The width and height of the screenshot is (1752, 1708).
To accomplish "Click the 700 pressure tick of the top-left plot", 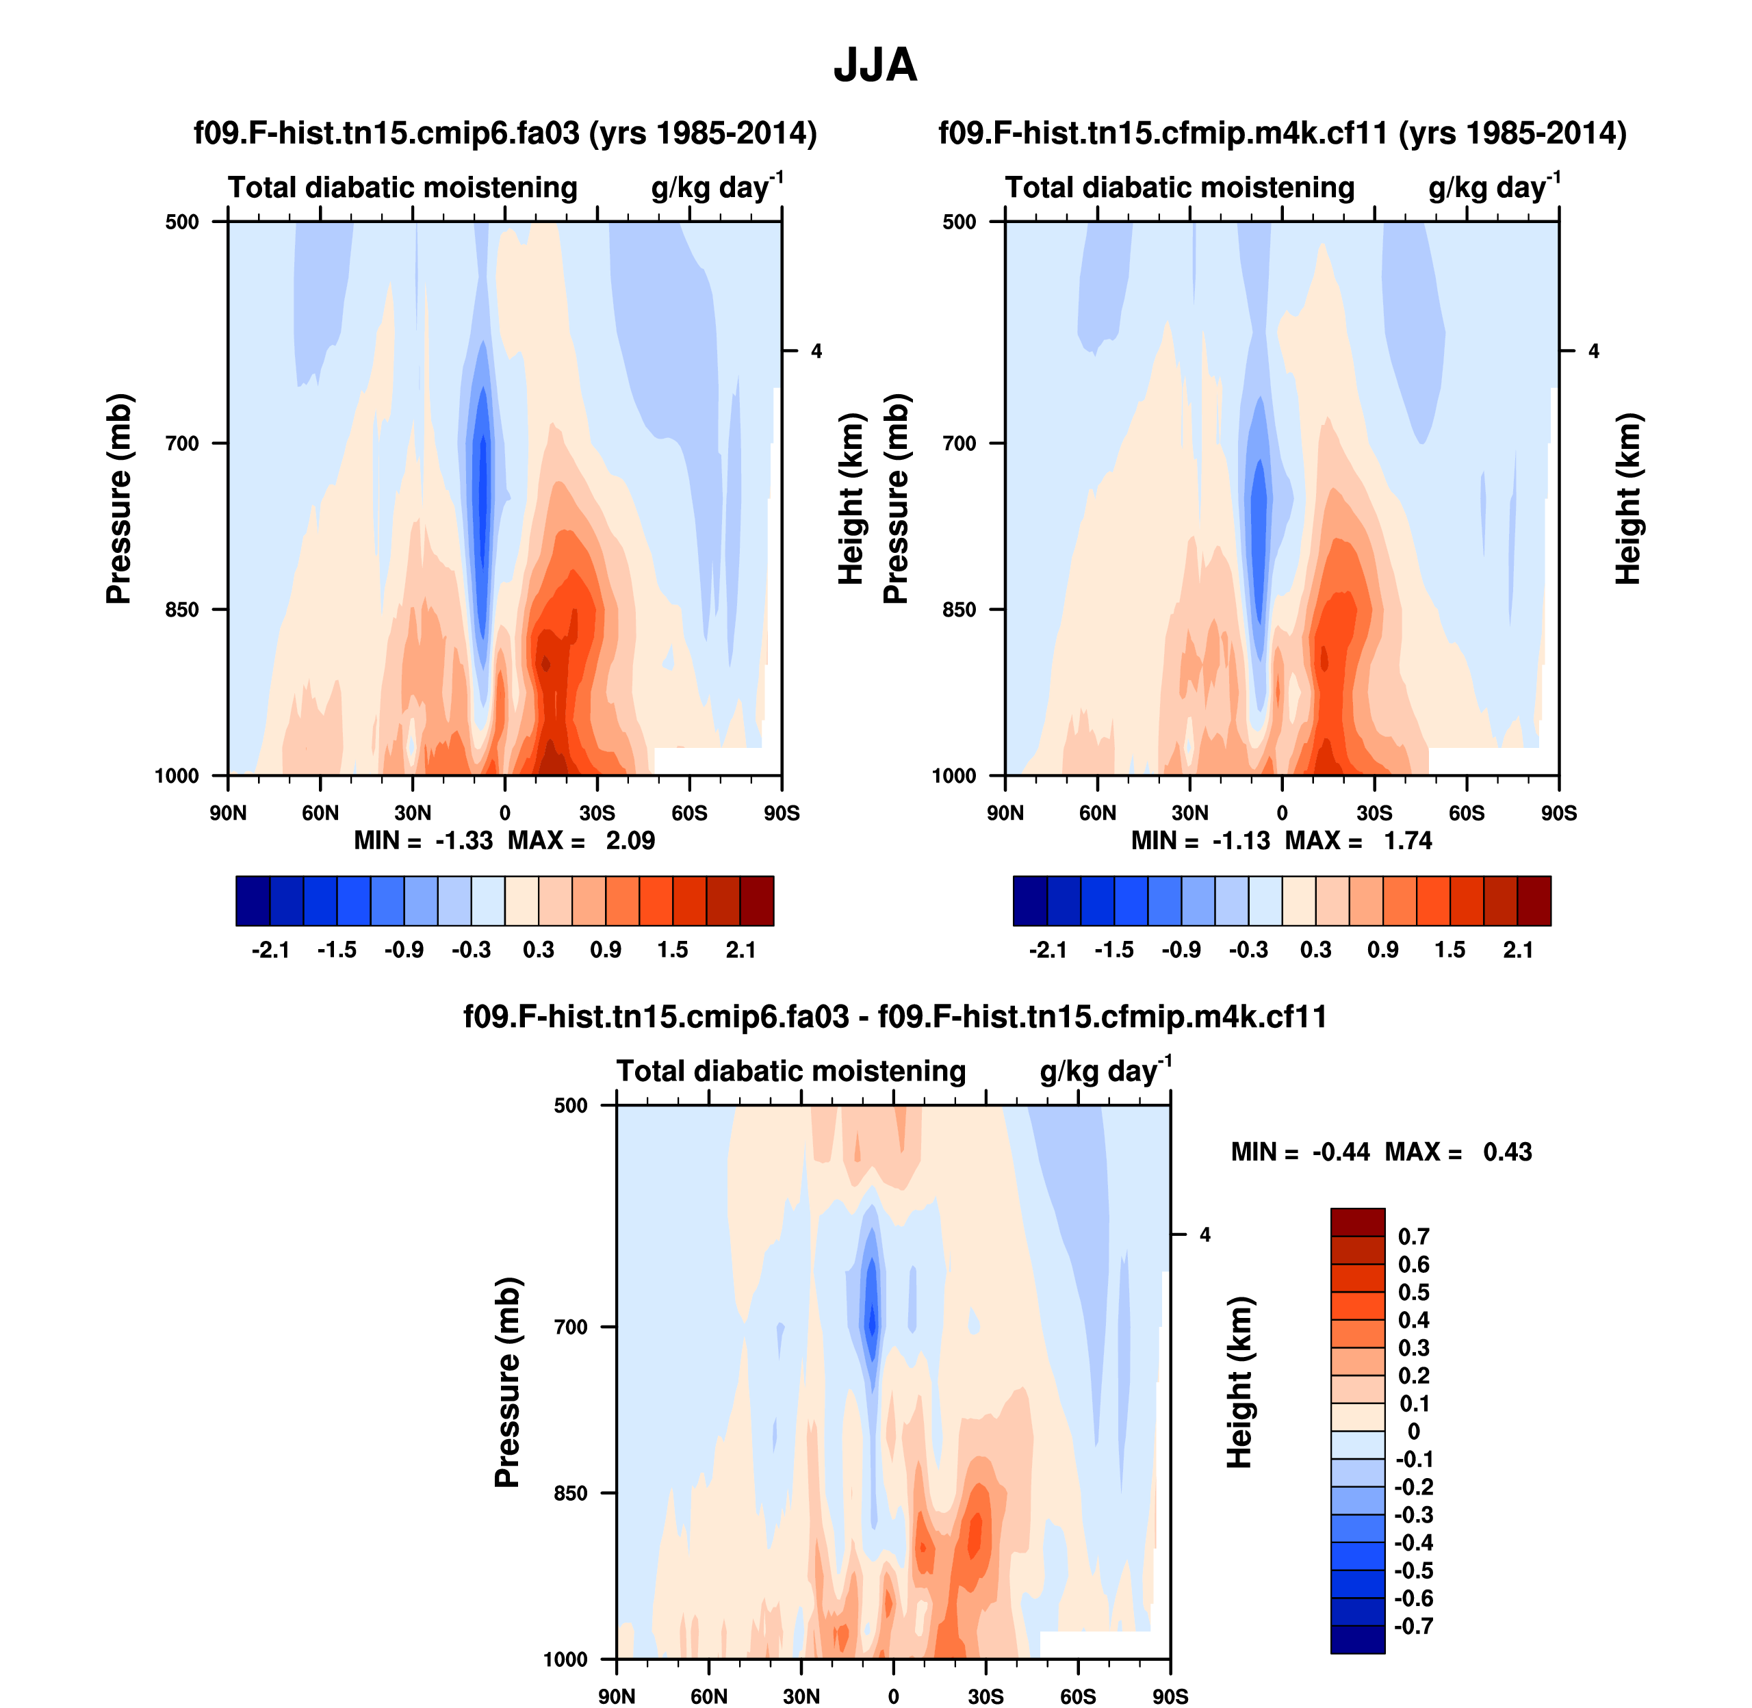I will click(x=182, y=443).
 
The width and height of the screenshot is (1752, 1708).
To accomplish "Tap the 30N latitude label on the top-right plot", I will click(x=1189, y=814).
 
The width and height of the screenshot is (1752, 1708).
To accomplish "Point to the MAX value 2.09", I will click(x=630, y=840).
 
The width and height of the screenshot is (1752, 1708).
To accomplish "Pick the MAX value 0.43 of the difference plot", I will click(x=1507, y=1152).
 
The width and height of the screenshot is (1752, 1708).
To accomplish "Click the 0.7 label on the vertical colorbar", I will click(x=1413, y=1236).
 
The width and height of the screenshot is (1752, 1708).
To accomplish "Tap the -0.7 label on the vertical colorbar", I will click(x=1413, y=1625).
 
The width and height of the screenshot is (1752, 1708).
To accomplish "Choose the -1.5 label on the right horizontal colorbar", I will click(x=1114, y=950).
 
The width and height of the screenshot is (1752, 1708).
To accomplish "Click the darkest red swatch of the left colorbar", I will click(x=756, y=901).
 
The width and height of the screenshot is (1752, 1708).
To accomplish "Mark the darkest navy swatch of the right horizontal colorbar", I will click(x=1030, y=901).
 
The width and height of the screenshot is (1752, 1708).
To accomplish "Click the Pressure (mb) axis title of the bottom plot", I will click(x=507, y=1382).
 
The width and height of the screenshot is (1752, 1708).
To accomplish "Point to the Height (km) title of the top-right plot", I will click(x=1627, y=499).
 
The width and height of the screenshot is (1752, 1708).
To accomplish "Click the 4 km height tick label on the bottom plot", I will click(x=1204, y=1235).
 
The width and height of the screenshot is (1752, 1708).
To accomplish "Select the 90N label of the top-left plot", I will click(x=228, y=814).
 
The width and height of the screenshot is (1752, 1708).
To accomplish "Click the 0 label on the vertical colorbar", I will click(x=1413, y=1431).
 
